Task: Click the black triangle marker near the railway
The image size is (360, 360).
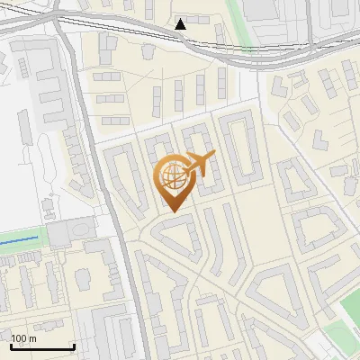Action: click(181, 24)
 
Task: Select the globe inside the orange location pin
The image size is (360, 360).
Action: click(171, 177)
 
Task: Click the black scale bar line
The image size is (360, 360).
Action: click(42, 347)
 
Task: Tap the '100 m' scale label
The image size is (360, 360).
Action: click(24, 338)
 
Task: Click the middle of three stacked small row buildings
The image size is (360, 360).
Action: click(110, 98)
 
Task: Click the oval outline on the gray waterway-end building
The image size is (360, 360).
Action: click(61, 236)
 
